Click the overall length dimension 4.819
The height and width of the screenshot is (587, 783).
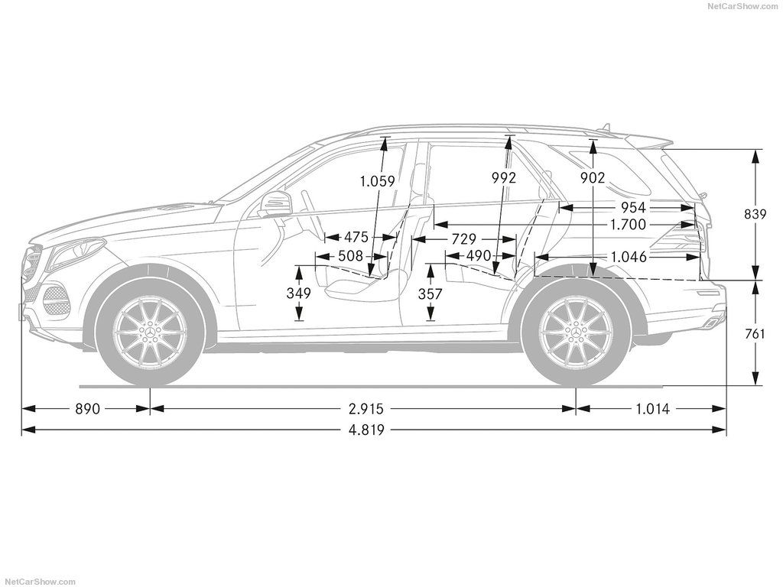pyautogui.click(x=366, y=430)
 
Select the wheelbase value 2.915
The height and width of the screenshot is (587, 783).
pyautogui.click(x=366, y=409)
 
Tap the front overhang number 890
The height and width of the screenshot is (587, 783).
pyautogui.click(x=87, y=409)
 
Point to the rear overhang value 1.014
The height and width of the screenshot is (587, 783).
pyautogui.click(x=652, y=409)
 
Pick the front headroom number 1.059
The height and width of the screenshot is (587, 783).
pyautogui.click(x=378, y=180)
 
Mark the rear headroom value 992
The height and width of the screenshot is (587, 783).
pyautogui.click(x=503, y=177)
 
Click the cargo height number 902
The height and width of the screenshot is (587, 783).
pyautogui.click(x=593, y=177)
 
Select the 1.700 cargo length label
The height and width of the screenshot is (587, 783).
pyautogui.click(x=629, y=225)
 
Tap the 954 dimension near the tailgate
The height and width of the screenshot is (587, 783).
pyautogui.click(x=633, y=207)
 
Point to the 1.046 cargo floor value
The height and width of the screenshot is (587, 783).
pyautogui.click(x=629, y=257)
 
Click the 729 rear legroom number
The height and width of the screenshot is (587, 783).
pyautogui.click(x=463, y=239)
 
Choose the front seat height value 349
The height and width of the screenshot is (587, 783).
pyautogui.click(x=299, y=293)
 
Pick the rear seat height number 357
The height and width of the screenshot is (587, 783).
pyautogui.click(x=430, y=294)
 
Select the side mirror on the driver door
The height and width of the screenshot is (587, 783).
pyautogui.click(x=274, y=203)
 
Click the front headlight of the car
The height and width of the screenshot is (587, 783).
pyautogui.click(x=75, y=251)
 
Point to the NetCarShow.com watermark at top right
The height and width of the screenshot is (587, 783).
pyautogui.click(x=743, y=5)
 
